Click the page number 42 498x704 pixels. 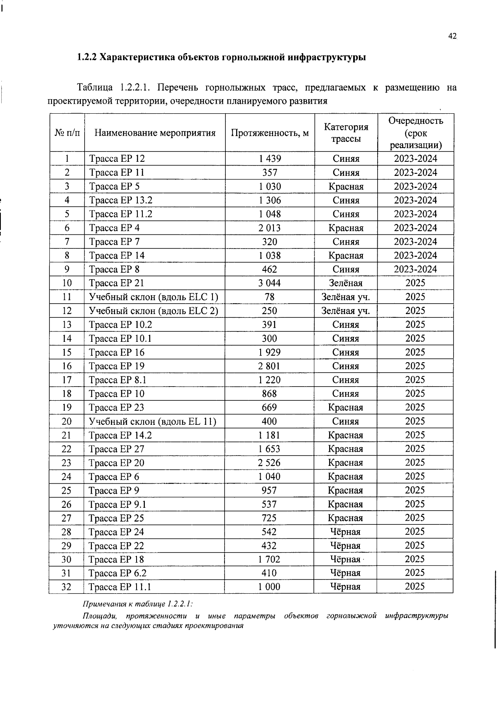coord(452,37)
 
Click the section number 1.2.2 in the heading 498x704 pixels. coord(87,57)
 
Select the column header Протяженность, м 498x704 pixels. coord(270,133)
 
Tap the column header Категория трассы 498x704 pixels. coord(346,133)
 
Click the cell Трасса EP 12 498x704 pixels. coord(117,158)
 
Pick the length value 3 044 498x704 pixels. coord(270,283)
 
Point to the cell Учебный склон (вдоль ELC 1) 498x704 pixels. coord(154,297)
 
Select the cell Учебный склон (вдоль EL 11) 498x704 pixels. coord(153,421)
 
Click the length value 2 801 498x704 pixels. coord(269,366)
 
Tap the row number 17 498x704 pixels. coord(67,380)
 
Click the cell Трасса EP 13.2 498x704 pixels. coord(121,200)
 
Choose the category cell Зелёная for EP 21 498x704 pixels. coord(346,283)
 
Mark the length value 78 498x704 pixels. coord(270,297)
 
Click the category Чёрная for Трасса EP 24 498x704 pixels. coord(345,532)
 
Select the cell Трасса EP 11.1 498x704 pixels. coord(120,587)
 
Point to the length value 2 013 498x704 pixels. coord(270,228)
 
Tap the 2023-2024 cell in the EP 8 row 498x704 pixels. coord(415,269)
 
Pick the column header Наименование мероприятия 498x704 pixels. coord(155,133)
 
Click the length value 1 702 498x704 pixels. coord(269,559)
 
